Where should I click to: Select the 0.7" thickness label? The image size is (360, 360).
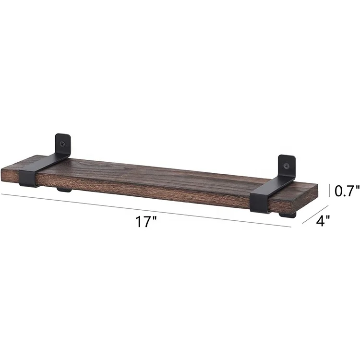coord(347,192)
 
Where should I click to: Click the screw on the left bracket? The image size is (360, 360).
coord(63,142)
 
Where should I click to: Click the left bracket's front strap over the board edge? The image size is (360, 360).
coord(28,179)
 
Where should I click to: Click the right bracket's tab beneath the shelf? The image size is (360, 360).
coord(288,216)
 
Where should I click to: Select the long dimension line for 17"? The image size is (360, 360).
coord(144,210)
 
